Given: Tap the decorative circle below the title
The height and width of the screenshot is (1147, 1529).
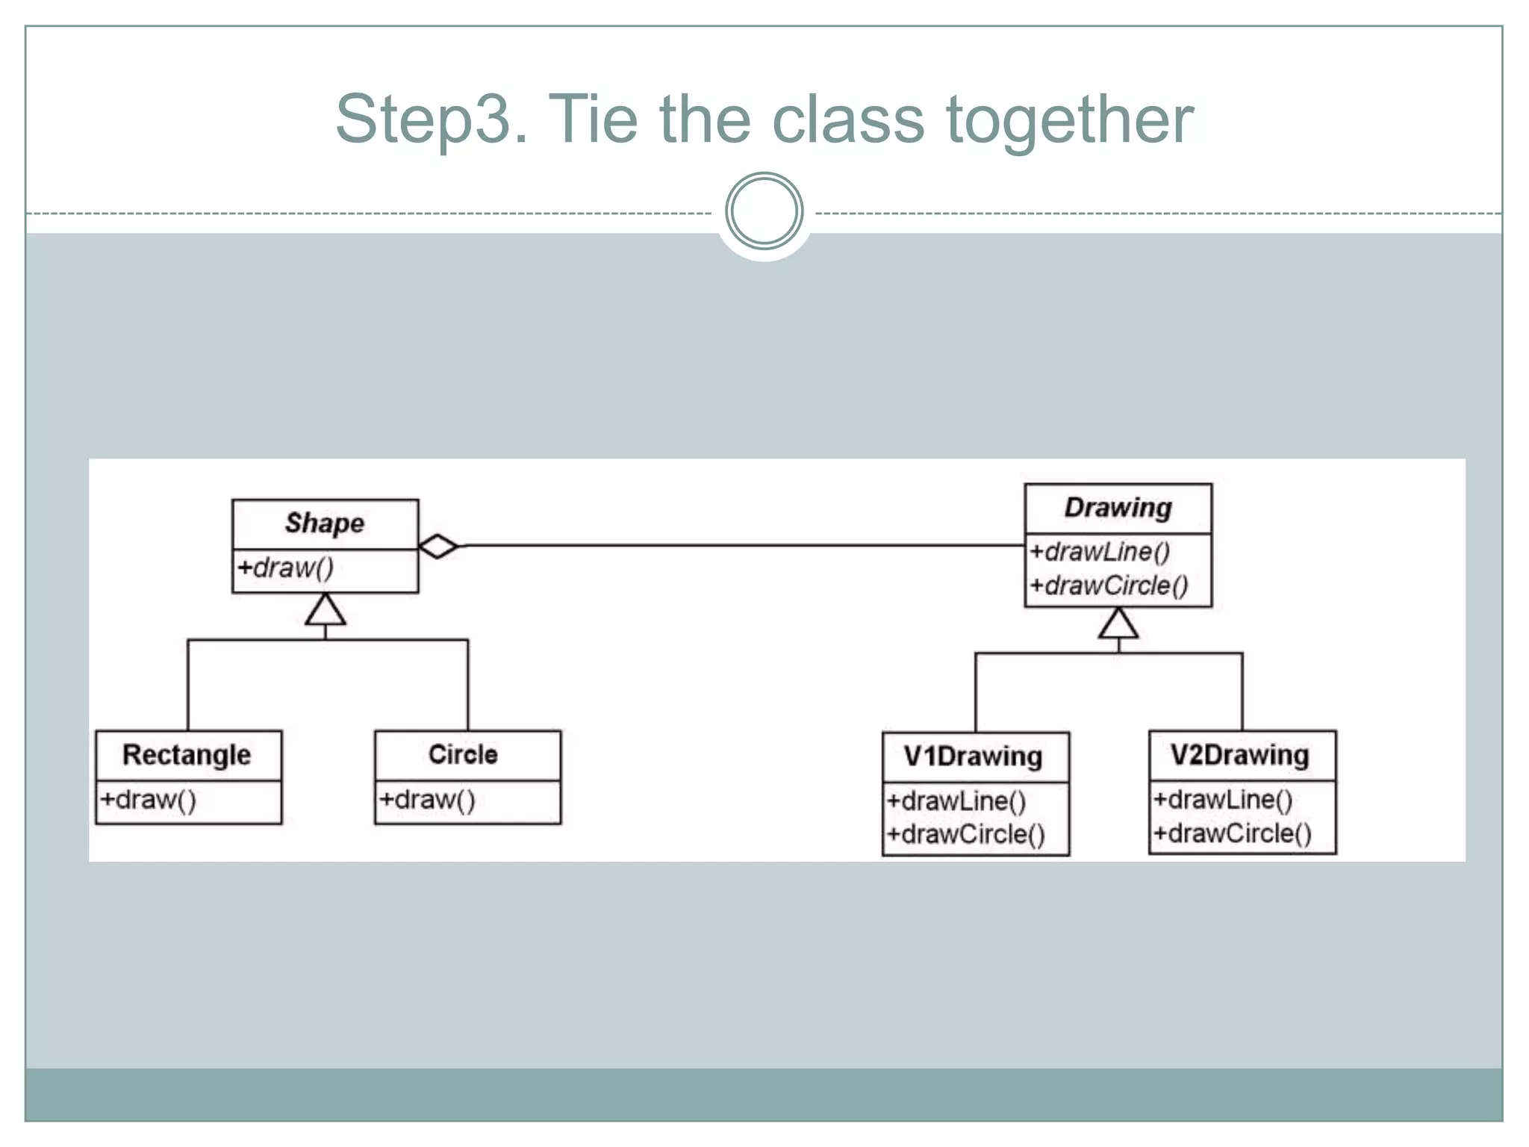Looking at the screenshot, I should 764,211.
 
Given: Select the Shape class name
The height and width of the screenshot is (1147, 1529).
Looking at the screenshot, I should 325,523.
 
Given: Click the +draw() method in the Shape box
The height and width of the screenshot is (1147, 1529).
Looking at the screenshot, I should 285,568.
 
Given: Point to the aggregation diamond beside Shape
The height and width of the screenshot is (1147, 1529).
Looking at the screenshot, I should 438,547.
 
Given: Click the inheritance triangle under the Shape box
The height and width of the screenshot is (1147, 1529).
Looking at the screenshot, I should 326,610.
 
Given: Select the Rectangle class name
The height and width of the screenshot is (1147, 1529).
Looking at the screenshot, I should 187,755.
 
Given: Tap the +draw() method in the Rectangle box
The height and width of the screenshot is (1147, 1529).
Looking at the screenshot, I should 149,800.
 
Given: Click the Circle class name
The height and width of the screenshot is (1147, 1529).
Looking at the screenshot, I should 463,755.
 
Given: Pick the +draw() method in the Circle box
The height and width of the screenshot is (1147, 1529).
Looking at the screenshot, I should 427,800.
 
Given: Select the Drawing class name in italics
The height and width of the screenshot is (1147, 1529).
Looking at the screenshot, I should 1118,508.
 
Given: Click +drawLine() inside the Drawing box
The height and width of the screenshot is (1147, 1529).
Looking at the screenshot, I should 1100,552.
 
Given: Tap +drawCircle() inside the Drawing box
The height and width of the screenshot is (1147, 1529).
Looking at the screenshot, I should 1109,585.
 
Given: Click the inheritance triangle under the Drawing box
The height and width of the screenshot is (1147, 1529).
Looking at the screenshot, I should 1118,624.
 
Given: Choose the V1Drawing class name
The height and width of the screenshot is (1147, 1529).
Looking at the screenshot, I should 973,756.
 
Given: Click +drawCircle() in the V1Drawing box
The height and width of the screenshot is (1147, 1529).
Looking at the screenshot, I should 965,834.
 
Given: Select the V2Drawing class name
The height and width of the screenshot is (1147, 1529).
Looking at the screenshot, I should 1239,755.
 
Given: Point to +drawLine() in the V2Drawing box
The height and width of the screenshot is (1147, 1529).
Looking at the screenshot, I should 1223,800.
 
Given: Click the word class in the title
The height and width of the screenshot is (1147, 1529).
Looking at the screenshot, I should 848,119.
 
